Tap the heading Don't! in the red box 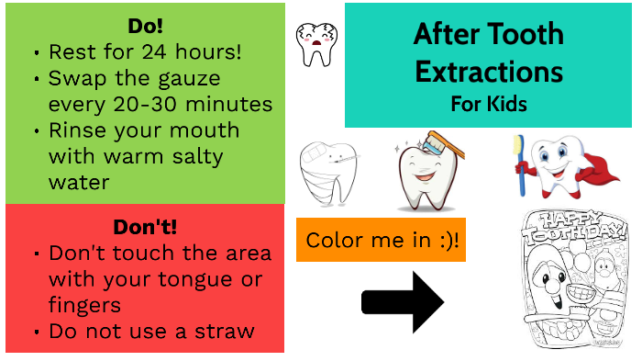pos(144,226)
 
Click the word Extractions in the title pos(488,71)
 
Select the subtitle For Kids pos(488,103)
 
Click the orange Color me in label pos(382,241)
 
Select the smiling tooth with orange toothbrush pos(425,167)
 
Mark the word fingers pos(86,304)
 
